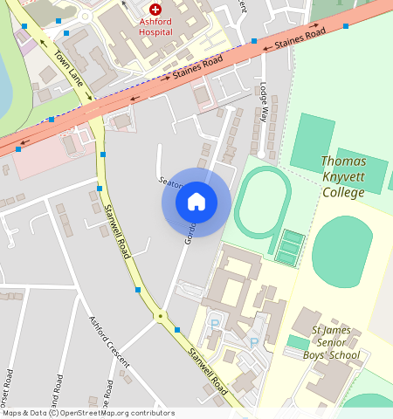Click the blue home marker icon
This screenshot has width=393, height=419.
(x=196, y=202)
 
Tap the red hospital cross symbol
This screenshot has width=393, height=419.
(x=155, y=8)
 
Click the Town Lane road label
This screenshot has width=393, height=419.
(x=69, y=68)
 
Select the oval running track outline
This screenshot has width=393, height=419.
(x=261, y=203)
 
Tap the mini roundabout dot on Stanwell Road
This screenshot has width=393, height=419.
(x=160, y=316)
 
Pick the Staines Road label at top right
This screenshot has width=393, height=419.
(x=300, y=38)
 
